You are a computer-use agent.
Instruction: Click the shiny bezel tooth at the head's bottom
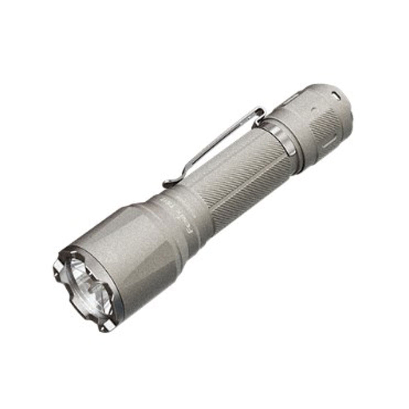105,328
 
